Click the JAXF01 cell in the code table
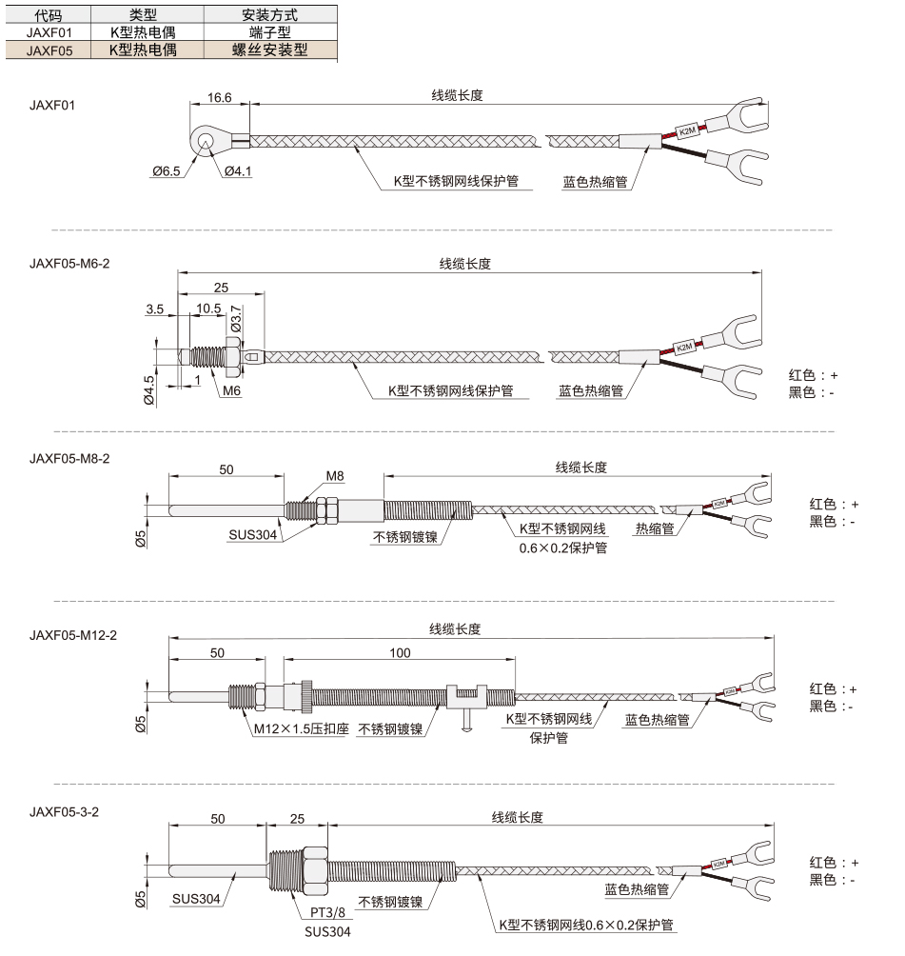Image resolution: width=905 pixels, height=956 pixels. pos(49,32)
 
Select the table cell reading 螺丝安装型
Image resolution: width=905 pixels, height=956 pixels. pos(270,50)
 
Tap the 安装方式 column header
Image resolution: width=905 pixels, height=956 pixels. pos(270,14)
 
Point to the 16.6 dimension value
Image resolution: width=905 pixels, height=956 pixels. pos(220,97)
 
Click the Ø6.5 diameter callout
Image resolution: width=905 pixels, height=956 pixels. pos(167,171)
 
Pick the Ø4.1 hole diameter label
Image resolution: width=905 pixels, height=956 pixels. pos(238,171)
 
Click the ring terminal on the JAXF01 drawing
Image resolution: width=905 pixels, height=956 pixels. pos(205,142)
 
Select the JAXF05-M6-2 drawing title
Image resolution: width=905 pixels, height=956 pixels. pos(69,264)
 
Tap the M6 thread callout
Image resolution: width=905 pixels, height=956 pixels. pos(231,390)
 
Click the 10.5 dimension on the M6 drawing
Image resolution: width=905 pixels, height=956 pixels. pos(208,309)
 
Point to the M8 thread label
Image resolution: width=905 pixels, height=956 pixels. pos(335,476)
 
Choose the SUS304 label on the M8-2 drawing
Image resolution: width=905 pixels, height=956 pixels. pos(253,535)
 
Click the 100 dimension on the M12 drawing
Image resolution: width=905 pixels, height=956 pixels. pos(400,653)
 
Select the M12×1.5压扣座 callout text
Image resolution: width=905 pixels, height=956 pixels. pos(301,728)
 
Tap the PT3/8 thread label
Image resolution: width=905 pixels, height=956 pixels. pos(328,913)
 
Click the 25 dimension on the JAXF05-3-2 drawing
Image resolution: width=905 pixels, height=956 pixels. pos(298,819)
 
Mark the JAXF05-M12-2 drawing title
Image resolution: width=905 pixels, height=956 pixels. pos(73,635)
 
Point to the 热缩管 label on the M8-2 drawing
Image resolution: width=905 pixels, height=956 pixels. pos(655,528)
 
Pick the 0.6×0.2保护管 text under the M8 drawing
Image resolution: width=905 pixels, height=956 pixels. pos(563,548)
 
